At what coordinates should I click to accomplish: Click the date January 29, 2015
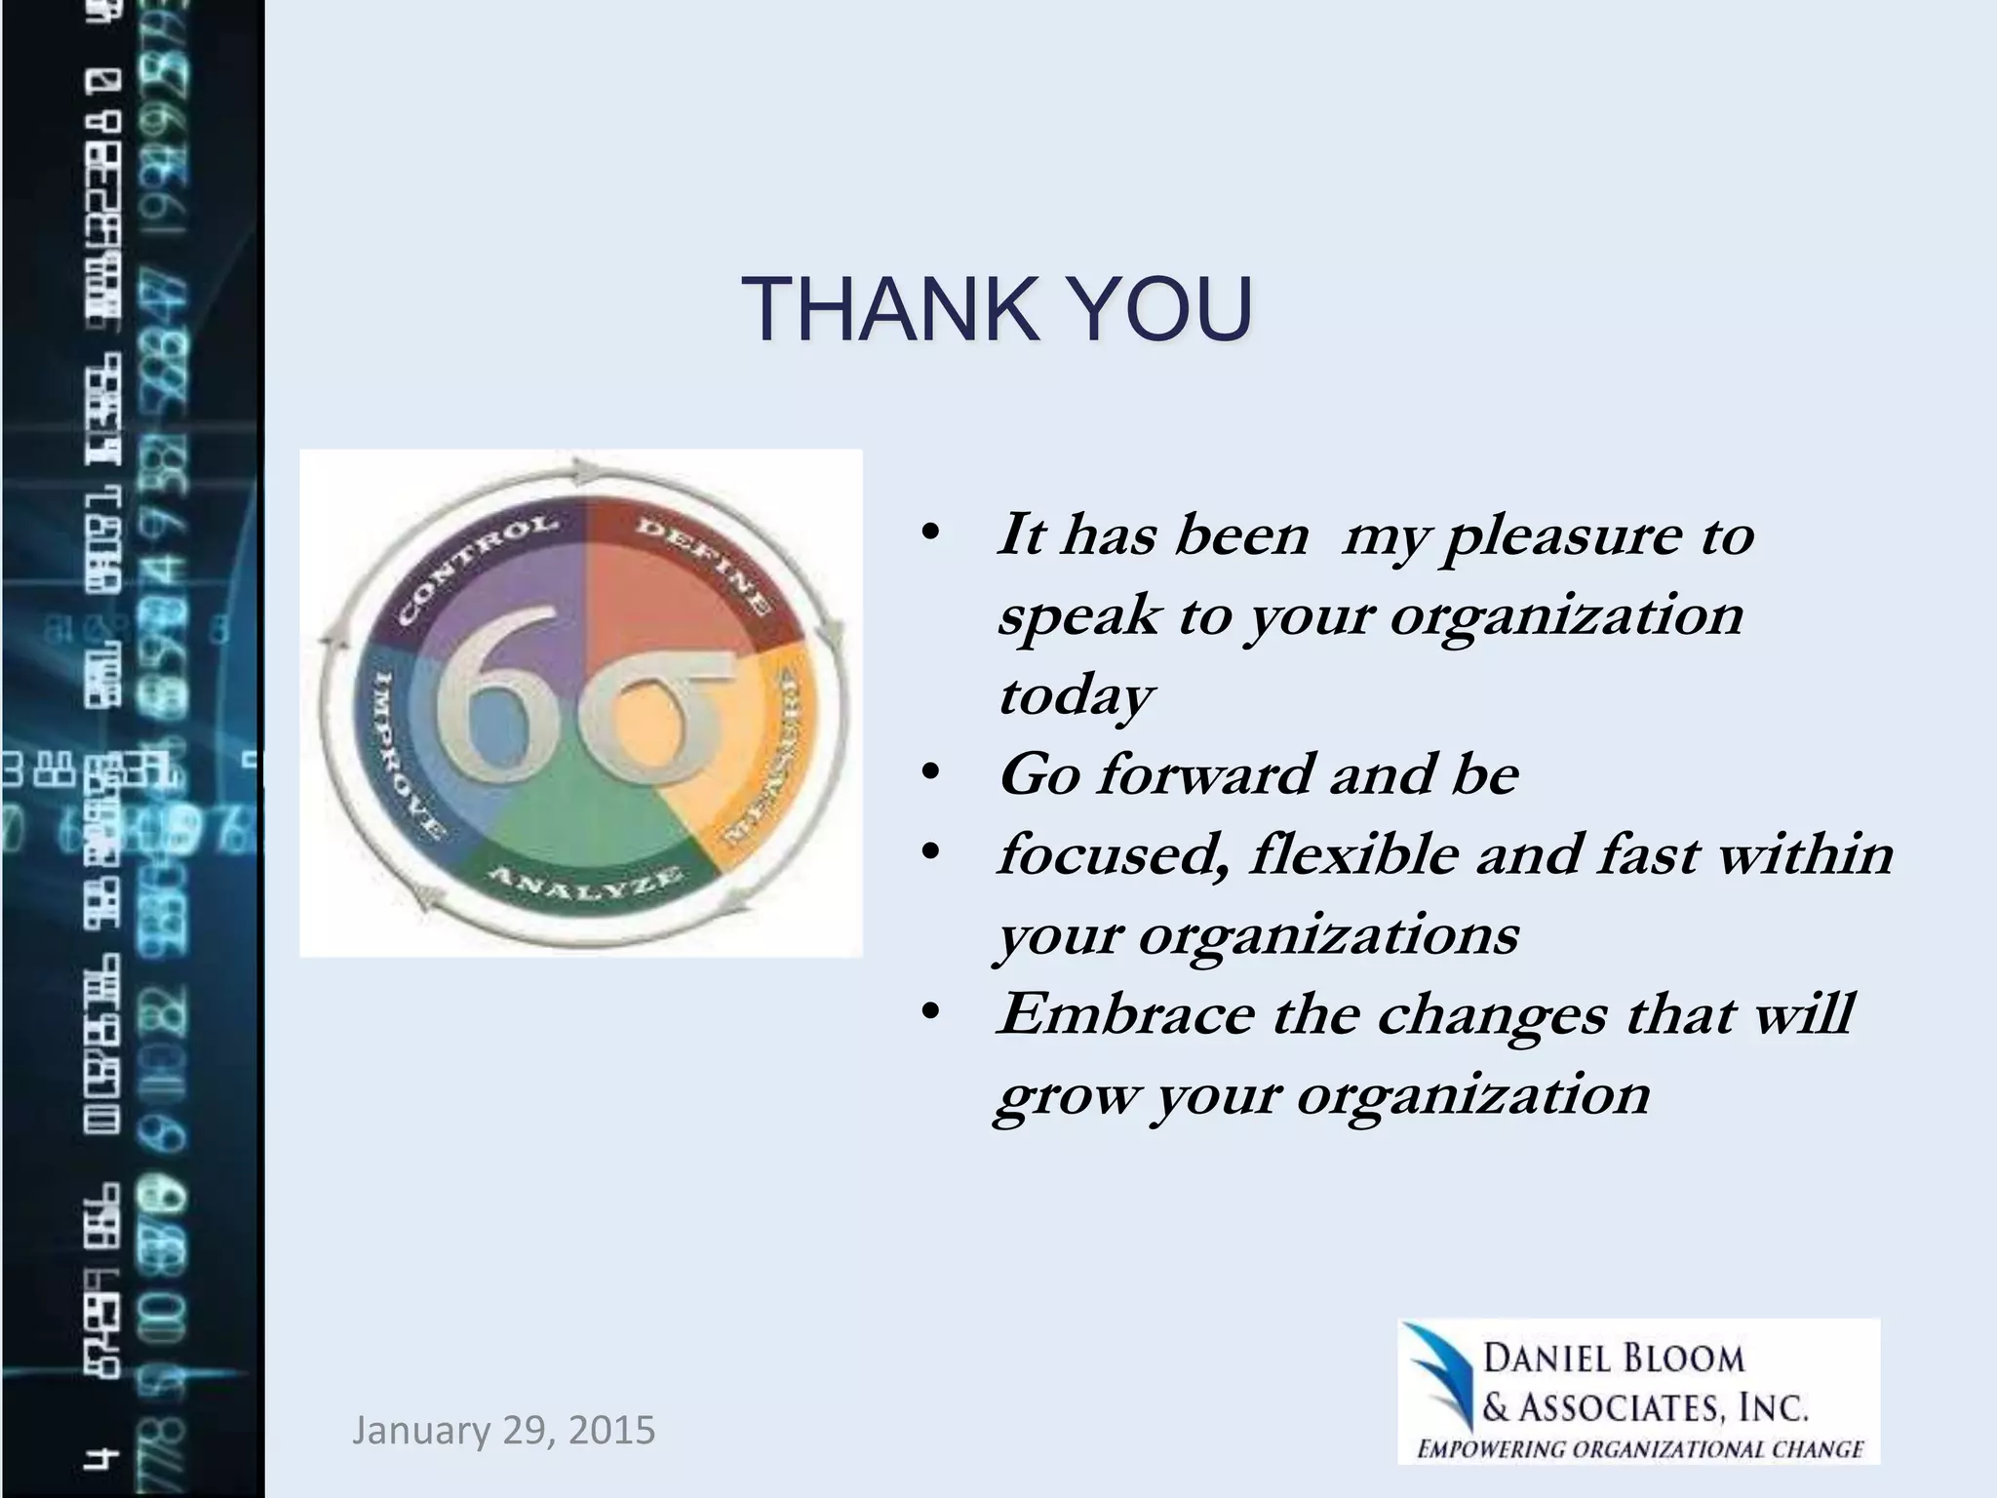pos(503,1431)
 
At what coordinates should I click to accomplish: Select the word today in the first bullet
pos(1075,696)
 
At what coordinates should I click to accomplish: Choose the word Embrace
pos(1125,1014)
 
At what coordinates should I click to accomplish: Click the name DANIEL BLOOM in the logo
pos(1614,1359)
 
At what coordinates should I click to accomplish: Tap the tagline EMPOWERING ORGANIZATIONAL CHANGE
pos(1640,1449)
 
